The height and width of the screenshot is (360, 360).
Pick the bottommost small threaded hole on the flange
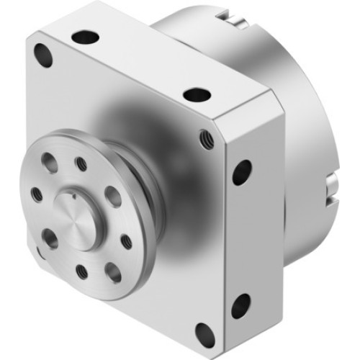(81, 272)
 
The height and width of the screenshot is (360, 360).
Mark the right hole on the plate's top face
(195, 94)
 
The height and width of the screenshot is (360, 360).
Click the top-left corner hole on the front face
(45, 54)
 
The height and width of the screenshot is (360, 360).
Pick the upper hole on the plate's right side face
(242, 171)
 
